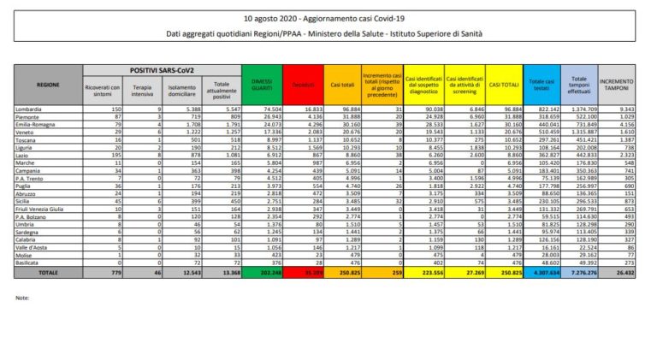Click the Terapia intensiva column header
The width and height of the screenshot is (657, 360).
coord(143,88)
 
